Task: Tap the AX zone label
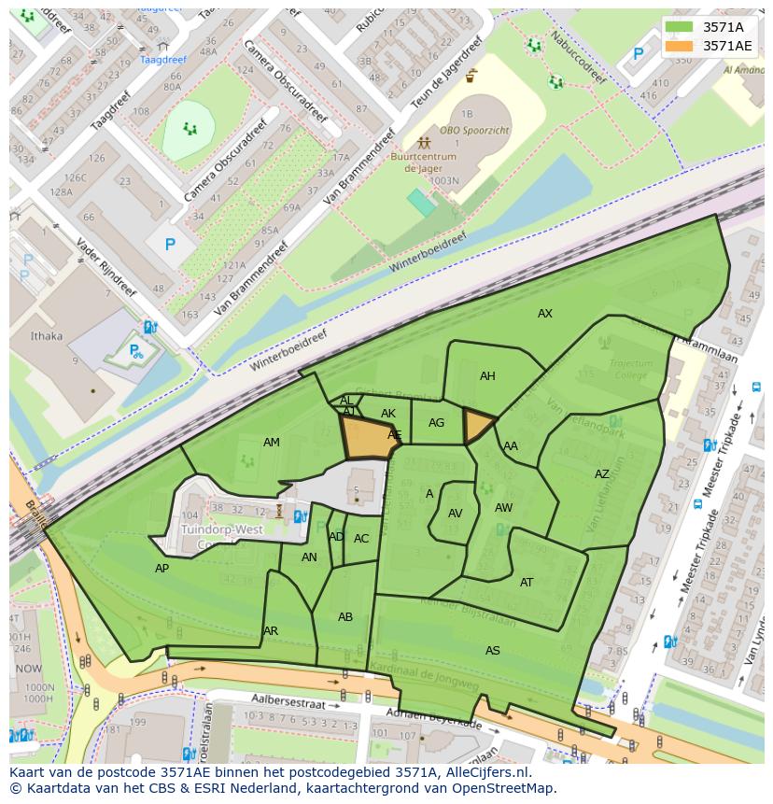tap(545, 314)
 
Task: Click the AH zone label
tap(487, 376)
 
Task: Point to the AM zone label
tap(271, 443)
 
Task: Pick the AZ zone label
tap(602, 474)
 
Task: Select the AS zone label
tap(493, 651)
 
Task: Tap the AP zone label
tap(162, 569)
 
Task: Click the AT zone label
tap(527, 583)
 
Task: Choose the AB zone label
tap(345, 617)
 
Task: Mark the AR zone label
tap(271, 631)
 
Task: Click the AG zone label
tap(436, 423)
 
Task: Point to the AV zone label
tap(456, 514)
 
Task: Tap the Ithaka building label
tap(47, 336)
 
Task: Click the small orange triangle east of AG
tap(477, 426)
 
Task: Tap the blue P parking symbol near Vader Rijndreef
tap(170, 245)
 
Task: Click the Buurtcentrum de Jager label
tap(423, 163)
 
